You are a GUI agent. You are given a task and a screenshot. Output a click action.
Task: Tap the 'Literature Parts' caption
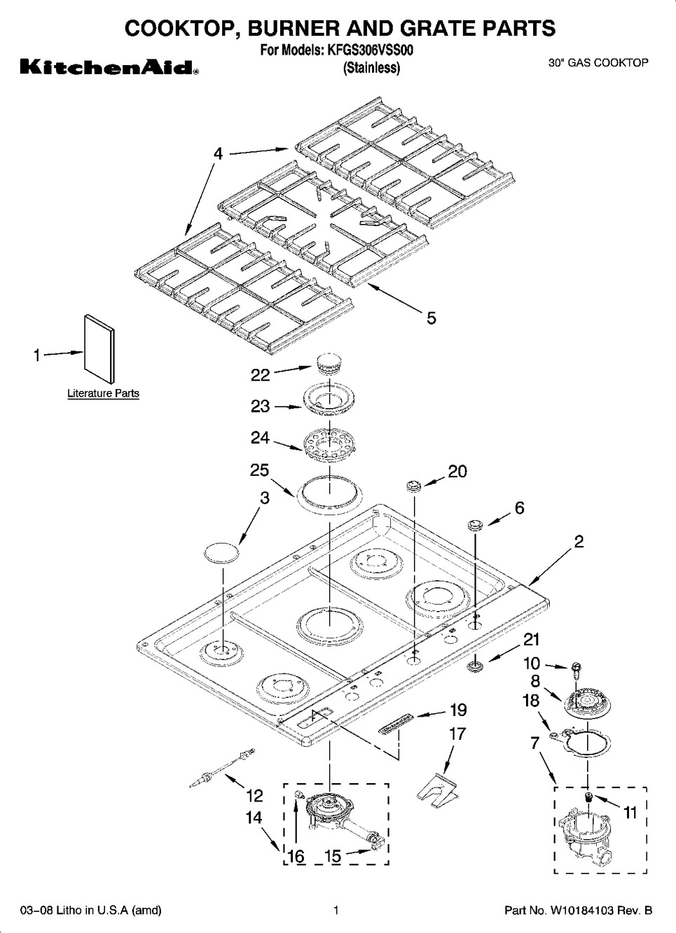(x=103, y=393)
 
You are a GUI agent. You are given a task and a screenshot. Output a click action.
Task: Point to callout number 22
(x=260, y=375)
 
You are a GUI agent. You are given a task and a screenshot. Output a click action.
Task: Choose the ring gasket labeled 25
(x=329, y=490)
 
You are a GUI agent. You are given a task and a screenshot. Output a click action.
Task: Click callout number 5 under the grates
(x=431, y=318)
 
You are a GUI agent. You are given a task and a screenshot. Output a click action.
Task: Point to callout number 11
(x=630, y=812)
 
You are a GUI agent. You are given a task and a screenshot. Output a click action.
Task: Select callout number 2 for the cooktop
(x=579, y=541)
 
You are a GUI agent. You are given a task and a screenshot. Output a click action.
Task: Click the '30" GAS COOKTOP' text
(x=598, y=63)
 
